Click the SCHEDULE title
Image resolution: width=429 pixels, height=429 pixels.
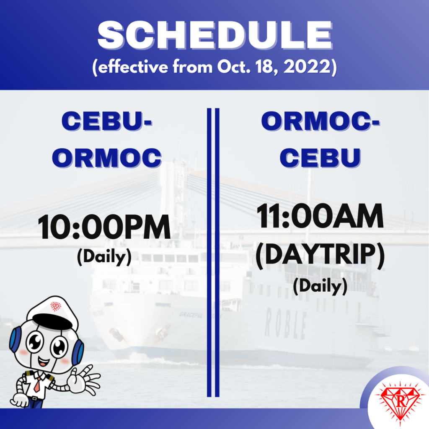pyautogui.click(x=215, y=35)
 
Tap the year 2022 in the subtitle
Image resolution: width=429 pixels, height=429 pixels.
pyautogui.click(x=307, y=67)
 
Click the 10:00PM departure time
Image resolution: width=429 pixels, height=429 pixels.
pyautogui.click(x=104, y=227)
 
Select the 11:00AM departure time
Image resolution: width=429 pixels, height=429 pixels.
pyautogui.click(x=320, y=216)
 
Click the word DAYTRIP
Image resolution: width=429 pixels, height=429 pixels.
pyautogui.click(x=320, y=254)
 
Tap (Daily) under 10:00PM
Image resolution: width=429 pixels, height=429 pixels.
pyautogui.click(x=104, y=257)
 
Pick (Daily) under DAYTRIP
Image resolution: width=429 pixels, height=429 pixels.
pyautogui.click(x=320, y=286)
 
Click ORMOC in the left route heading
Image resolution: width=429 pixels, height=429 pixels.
pyautogui.click(x=107, y=158)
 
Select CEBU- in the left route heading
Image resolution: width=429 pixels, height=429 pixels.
pyautogui.click(x=107, y=121)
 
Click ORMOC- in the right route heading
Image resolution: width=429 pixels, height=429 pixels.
pyautogui.click(x=320, y=121)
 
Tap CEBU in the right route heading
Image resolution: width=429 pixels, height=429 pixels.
pyautogui.click(x=320, y=158)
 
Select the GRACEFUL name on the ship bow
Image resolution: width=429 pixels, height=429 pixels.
pyautogui.click(x=191, y=315)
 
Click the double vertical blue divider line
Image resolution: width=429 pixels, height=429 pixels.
pyautogui.click(x=213, y=252)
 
